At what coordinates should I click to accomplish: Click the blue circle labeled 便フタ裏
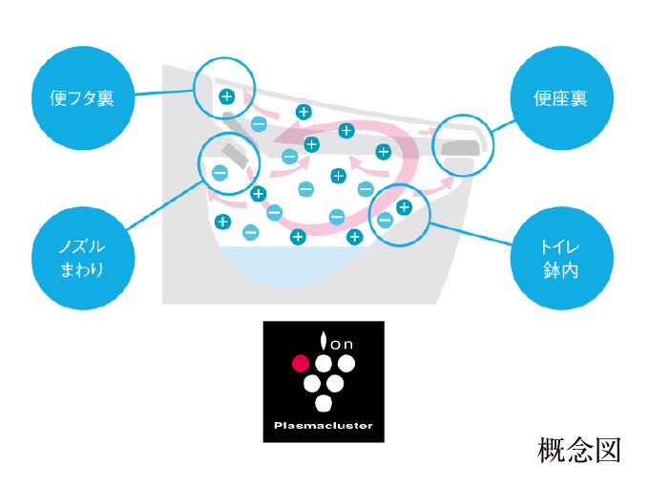click(83, 98)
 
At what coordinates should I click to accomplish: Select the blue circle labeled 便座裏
click(561, 98)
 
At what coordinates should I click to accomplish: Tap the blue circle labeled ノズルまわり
click(83, 258)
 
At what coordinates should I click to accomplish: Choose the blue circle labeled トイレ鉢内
click(561, 258)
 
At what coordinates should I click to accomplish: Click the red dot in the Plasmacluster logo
click(301, 364)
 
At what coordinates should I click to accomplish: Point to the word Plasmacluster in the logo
click(324, 425)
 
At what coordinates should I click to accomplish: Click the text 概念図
click(579, 450)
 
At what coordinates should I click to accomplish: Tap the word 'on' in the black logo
click(342, 344)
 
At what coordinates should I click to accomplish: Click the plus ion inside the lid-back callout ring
click(226, 96)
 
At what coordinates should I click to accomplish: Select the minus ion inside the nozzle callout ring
click(220, 173)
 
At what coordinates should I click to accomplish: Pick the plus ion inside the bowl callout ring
click(404, 207)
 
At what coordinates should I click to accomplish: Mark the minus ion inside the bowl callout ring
click(385, 220)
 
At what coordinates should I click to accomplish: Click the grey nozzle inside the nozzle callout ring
click(235, 156)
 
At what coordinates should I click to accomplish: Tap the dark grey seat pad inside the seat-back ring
click(461, 148)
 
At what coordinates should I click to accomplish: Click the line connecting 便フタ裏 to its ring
click(164, 93)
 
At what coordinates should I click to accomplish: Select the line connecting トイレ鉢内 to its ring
click(471, 234)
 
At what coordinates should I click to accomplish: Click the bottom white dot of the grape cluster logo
click(324, 403)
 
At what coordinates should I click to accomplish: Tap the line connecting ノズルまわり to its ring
click(164, 205)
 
